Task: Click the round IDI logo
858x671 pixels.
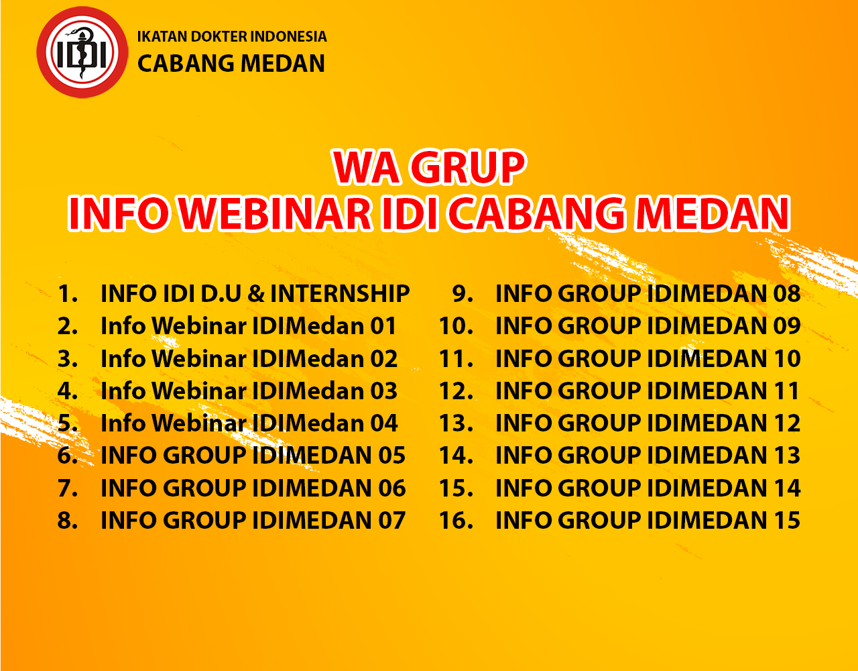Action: [x=82, y=52]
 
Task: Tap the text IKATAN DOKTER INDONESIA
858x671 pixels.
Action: [x=232, y=36]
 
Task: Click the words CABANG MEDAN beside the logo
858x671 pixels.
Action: [x=231, y=64]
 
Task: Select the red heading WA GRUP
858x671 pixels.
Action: [x=429, y=167]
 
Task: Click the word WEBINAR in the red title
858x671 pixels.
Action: [x=276, y=213]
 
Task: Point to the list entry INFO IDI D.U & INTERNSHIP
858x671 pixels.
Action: [x=255, y=294]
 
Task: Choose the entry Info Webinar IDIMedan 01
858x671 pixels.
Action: [x=249, y=326]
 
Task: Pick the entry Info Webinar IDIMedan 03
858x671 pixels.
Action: [x=249, y=391]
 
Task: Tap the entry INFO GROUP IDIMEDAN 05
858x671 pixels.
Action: [x=253, y=455]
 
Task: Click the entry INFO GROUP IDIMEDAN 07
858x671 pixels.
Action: [x=253, y=520]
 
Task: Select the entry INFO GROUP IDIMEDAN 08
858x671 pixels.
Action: [x=648, y=294]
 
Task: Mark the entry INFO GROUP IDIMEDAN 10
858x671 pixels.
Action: [x=648, y=359]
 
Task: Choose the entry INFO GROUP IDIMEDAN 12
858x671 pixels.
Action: [x=648, y=423]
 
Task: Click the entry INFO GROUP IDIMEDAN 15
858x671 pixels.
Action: [x=648, y=520]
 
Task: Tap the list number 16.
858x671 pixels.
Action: [x=456, y=520]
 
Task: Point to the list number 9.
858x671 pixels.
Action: [x=463, y=294]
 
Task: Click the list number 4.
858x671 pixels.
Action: [x=67, y=391]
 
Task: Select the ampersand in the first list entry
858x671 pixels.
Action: [x=256, y=294]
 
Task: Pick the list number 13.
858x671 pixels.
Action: [x=456, y=423]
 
